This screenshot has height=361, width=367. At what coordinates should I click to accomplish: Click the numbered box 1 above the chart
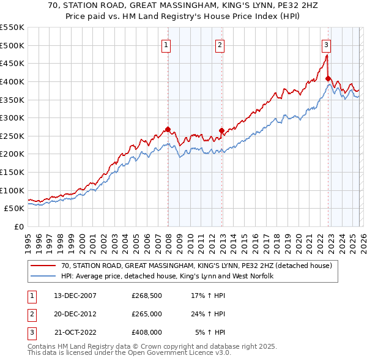tap(166, 44)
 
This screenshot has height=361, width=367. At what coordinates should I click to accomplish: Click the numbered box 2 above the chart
tap(220, 44)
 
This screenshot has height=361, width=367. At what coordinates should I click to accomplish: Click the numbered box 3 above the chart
tap(326, 44)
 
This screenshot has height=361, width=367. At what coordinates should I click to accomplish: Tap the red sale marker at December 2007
tap(168, 129)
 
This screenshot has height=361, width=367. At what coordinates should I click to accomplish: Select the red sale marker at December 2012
tap(221, 130)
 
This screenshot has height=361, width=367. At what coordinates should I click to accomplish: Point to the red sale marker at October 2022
tap(328, 78)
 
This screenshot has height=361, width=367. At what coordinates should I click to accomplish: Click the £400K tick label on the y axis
tap(12, 81)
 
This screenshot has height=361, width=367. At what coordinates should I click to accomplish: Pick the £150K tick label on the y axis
tap(12, 173)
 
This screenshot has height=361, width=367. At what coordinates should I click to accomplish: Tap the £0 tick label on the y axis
tap(19, 227)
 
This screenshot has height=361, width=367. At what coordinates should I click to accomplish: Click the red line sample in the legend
tap(43, 266)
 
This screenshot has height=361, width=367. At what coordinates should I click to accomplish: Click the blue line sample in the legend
tap(43, 277)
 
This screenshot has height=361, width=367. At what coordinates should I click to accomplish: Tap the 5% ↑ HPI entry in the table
tap(209, 333)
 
